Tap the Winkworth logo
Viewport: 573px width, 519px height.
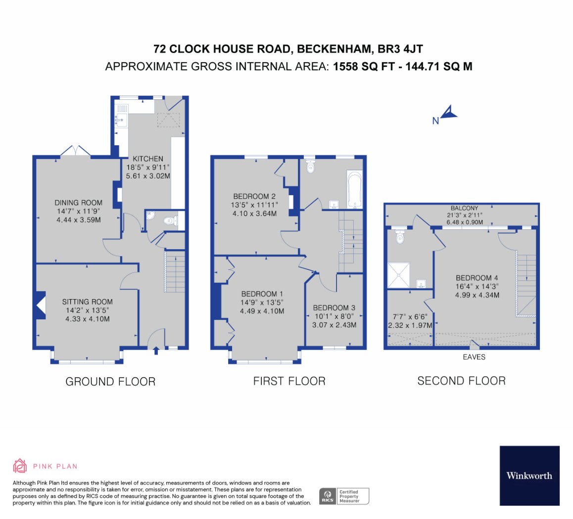pyautogui.click(x=529, y=476)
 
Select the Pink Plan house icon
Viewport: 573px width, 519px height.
pyautogui.click(x=20, y=466)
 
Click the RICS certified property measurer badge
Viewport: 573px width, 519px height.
pyautogui.click(x=344, y=496)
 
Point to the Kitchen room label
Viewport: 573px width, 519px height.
pyautogui.click(x=148, y=159)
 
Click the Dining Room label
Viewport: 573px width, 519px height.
pyautogui.click(x=79, y=203)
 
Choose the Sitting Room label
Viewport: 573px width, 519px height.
pyautogui.click(x=88, y=302)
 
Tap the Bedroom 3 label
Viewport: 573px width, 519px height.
pyautogui.click(x=334, y=307)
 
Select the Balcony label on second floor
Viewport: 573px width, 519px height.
pyautogui.click(x=465, y=208)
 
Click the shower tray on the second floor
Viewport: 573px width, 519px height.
pyautogui.click(x=399, y=275)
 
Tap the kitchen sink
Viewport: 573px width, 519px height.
pyautogui.click(x=121, y=119)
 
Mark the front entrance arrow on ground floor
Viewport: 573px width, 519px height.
pyautogui.click(x=156, y=350)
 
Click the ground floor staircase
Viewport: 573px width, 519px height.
pyautogui.click(x=175, y=271)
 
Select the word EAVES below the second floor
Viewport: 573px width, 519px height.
pyautogui.click(x=474, y=357)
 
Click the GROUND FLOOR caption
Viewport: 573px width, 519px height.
pyautogui.click(x=110, y=382)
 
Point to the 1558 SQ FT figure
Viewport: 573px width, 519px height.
pyautogui.click(x=364, y=66)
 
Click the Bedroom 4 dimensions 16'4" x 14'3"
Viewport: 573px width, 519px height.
pyautogui.click(x=477, y=287)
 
